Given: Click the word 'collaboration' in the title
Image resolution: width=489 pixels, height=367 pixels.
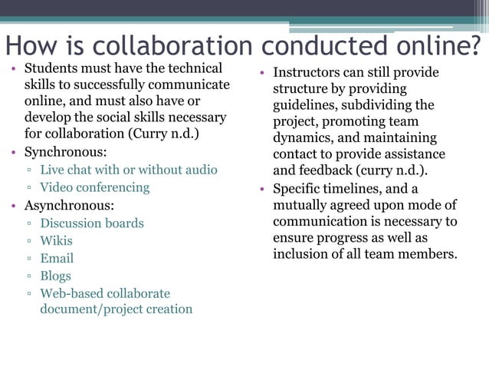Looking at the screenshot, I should pyautogui.click(x=166, y=46).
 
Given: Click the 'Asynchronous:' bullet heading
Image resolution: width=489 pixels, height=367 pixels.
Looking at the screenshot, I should pyautogui.click(x=69, y=206).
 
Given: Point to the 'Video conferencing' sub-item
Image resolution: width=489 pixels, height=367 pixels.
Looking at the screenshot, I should pyautogui.click(x=94, y=187).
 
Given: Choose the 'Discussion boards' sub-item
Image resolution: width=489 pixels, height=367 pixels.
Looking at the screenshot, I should pyautogui.click(x=92, y=223).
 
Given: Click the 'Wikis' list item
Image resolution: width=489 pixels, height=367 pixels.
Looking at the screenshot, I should pyautogui.click(x=56, y=241).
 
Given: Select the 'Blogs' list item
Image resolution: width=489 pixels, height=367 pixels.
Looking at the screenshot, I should pyautogui.click(x=55, y=276).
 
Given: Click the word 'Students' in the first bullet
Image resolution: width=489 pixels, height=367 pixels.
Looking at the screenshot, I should pyautogui.click(x=51, y=68).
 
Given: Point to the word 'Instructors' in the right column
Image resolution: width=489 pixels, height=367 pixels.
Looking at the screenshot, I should pyautogui.click(x=308, y=73).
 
